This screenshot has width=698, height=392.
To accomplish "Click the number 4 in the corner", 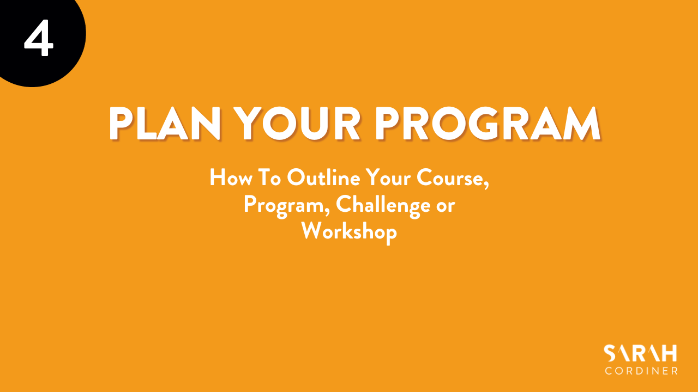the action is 39,38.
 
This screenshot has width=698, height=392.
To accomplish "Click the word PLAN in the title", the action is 165,123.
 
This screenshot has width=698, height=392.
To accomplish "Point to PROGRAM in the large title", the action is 488,123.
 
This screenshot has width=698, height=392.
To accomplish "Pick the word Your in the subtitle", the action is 388,178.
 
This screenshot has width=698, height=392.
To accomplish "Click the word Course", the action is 450,177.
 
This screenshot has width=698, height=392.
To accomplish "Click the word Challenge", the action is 383,205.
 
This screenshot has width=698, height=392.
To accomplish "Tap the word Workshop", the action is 349,232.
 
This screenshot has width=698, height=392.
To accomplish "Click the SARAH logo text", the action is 640,353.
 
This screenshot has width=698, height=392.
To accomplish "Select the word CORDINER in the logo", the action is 641,371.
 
